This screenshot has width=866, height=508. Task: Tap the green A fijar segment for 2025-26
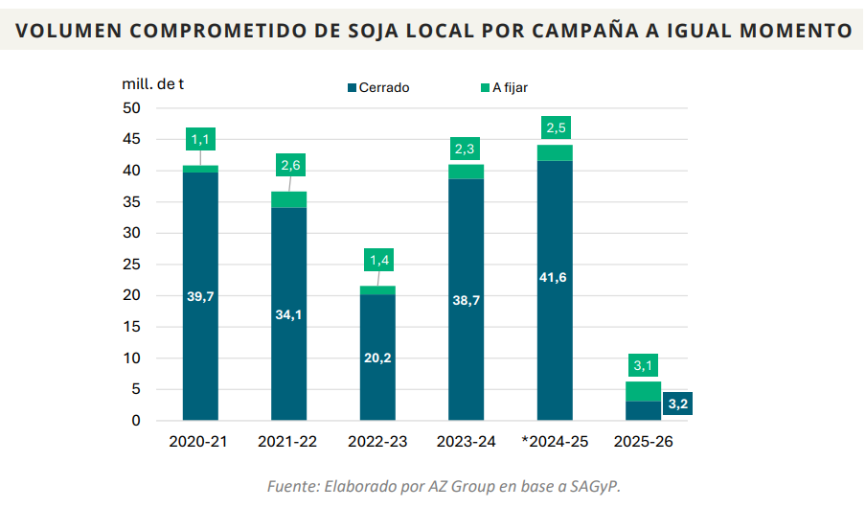pyautogui.click(x=644, y=391)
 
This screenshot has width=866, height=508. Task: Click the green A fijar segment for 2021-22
pyautogui.click(x=288, y=199)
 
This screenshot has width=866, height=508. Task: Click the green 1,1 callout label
pyautogui.click(x=200, y=140)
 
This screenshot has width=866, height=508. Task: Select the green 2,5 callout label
pyautogui.click(x=555, y=127)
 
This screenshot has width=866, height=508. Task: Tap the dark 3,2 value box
pyautogui.click(x=677, y=404)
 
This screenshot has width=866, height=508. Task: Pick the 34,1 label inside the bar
pyautogui.click(x=288, y=313)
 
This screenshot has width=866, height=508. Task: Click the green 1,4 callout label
pyautogui.click(x=377, y=260)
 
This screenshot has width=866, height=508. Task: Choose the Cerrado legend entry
pyautogui.click(x=378, y=88)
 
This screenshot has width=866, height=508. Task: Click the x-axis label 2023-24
pyautogui.click(x=466, y=442)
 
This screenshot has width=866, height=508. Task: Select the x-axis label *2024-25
pyautogui.click(x=555, y=442)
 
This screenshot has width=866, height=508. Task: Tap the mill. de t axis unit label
pyautogui.click(x=153, y=83)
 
